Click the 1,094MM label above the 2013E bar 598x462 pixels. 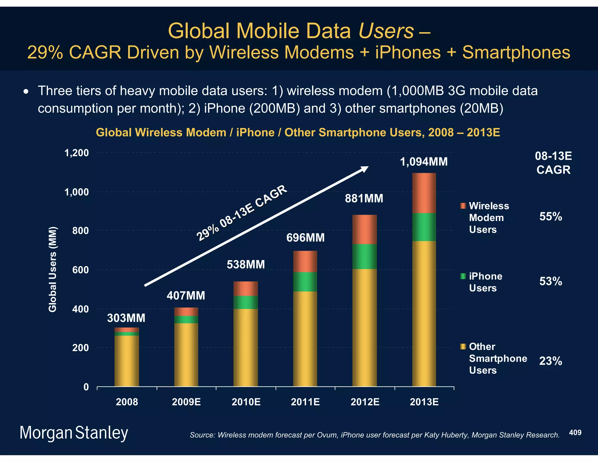(x=423, y=162)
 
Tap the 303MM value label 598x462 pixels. (x=126, y=318)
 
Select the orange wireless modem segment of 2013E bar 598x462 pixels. (x=424, y=193)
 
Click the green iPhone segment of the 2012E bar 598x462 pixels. (x=364, y=256)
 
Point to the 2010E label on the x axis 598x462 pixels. (x=246, y=402)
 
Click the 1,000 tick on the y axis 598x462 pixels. (x=77, y=192)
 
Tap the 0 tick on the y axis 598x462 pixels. (x=86, y=387)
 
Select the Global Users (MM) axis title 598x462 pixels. (x=53, y=269)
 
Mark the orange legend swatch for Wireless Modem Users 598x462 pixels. (x=463, y=206)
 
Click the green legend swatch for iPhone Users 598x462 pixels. (x=463, y=276)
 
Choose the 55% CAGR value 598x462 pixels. (x=550, y=217)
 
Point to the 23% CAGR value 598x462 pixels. (x=550, y=361)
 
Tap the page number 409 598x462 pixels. (x=575, y=433)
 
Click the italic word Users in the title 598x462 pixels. (x=386, y=31)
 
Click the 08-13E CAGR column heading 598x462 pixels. (x=553, y=163)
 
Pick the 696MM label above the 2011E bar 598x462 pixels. (x=305, y=238)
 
